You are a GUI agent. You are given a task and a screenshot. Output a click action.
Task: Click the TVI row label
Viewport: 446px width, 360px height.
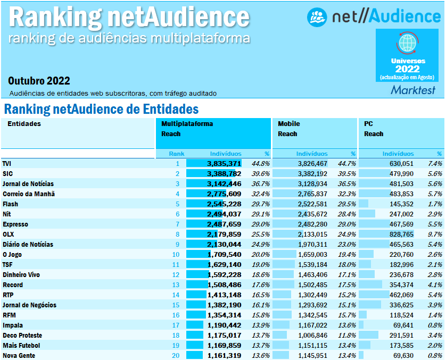pos(7,164)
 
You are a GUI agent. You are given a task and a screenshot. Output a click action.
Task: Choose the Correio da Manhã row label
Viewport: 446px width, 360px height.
pos(29,194)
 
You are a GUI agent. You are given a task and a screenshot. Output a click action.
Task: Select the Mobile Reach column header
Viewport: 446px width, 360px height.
pos(288,129)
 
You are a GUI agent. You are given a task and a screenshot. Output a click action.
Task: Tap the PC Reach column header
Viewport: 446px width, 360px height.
pos(373,129)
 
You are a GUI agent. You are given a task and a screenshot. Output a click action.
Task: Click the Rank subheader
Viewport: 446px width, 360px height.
pos(177,154)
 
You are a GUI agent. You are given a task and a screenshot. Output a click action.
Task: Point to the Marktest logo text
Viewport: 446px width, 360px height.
pos(412,90)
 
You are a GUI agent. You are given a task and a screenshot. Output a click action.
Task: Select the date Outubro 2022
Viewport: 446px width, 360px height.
pos(39,81)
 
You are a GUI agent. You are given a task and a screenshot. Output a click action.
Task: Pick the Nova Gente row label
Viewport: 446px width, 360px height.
pos(19,356)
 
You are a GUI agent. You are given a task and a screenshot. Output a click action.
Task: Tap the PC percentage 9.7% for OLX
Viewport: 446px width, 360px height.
pos(435,235)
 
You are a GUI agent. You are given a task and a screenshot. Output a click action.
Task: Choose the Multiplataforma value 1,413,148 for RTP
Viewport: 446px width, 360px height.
pos(224,295)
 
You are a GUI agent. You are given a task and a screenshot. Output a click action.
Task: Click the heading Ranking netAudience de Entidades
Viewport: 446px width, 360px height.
pos(101,110)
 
